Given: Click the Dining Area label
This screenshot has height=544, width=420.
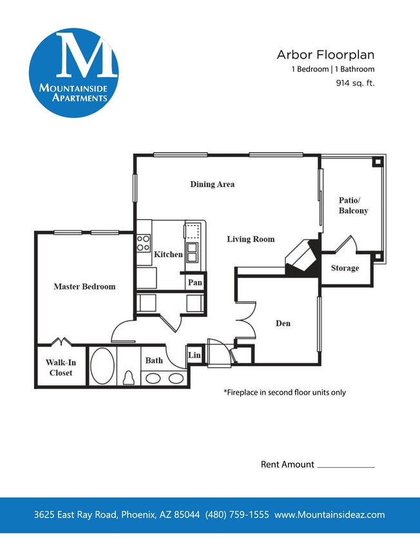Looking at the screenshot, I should (212, 184).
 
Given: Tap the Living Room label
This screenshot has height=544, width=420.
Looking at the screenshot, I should (251, 239).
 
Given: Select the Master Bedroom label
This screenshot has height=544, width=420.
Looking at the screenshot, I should (84, 287).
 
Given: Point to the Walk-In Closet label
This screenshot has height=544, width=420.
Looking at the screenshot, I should (61, 368).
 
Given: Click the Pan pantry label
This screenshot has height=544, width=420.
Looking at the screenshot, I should (195, 282).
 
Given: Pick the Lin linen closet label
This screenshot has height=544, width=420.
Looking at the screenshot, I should (194, 355).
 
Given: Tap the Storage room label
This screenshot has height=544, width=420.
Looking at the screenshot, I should (345, 268).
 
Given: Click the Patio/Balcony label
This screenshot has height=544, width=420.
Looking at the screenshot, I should (353, 206).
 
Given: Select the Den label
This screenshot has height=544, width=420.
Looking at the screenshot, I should (283, 323).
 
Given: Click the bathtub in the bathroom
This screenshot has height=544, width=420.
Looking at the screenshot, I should (102, 366).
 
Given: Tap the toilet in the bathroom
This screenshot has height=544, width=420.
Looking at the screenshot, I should (128, 378).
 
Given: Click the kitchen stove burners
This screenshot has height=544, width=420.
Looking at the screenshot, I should (143, 242).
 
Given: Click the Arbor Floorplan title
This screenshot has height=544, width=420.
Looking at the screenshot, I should (325, 55).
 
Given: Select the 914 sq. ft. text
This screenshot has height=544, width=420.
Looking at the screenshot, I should (355, 83).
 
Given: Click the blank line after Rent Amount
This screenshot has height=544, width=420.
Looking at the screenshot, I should (346, 465).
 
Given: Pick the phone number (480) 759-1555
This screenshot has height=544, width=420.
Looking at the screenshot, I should (237, 515).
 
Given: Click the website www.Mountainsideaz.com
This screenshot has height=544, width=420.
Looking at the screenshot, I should (329, 515).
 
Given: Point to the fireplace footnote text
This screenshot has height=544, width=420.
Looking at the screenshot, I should (284, 392).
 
